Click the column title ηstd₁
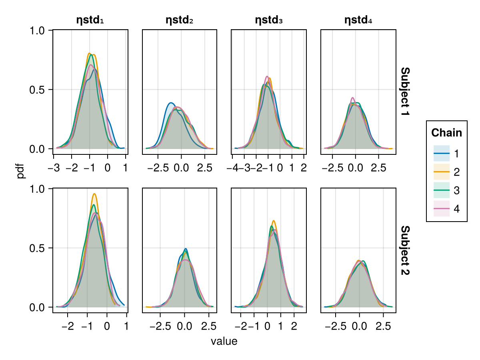(x=90, y=20)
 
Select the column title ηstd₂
(x=180, y=20)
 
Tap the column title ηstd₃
(x=269, y=20)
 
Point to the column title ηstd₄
(x=358, y=20)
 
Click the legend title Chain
(x=446, y=133)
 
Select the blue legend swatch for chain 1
(x=442, y=153)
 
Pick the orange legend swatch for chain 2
(x=442, y=172)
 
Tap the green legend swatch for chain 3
(x=442, y=190)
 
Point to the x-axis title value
(x=224, y=342)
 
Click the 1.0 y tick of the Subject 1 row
(x=38, y=30)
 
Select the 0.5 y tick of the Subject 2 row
(x=38, y=248)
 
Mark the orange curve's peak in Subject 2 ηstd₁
(x=94, y=194)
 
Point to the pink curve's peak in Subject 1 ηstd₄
(x=352, y=98)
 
